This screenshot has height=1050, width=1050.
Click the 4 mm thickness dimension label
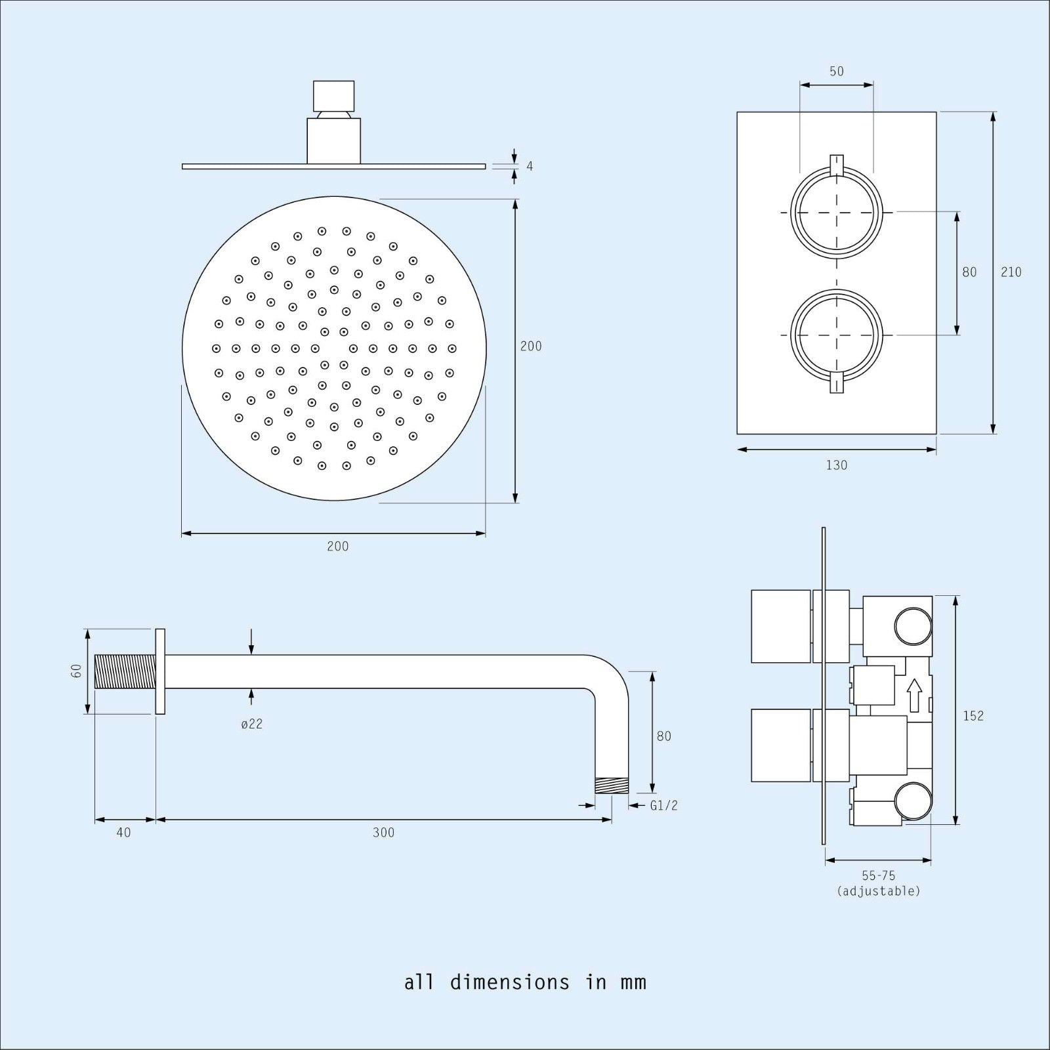pyautogui.click(x=530, y=166)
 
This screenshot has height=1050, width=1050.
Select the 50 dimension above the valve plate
pyautogui.click(x=836, y=72)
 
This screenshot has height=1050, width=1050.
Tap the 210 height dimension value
pyautogui.click(x=1011, y=272)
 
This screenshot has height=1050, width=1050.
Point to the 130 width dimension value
pyautogui.click(x=836, y=465)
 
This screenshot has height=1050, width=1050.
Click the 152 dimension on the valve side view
pyautogui.click(x=973, y=715)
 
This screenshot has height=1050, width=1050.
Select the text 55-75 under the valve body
pyautogui.click(x=879, y=875)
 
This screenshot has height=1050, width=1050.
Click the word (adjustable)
pyautogui.click(x=879, y=891)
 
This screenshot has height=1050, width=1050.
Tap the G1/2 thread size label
pyautogui.click(x=663, y=805)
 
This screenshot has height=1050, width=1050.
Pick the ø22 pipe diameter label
pyautogui.click(x=252, y=724)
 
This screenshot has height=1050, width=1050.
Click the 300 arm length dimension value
pyautogui.click(x=383, y=833)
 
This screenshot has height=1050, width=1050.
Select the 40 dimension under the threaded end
pyautogui.click(x=123, y=833)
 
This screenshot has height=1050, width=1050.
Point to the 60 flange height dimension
pyautogui.click(x=77, y=671)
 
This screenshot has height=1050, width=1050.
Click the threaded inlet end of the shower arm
pyautogui.click(x=125, y=671)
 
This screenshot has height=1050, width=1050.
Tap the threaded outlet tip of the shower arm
pyautogui.click(x=612, y=786)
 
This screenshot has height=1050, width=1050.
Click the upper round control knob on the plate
pyautogui.click(x=836, y=212)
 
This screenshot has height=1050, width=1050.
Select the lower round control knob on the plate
pyautogui.click(x=836, y=335)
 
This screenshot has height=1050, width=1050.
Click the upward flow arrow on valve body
pyautogui.click(x=914, y=695)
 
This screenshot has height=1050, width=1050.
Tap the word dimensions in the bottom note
pyautogui.click(x=510, y=982)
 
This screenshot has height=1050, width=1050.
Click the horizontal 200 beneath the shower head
pyautogui.click(x=338, y=546)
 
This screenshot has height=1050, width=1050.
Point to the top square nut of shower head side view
pyautogui.click(x=333, y=95)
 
